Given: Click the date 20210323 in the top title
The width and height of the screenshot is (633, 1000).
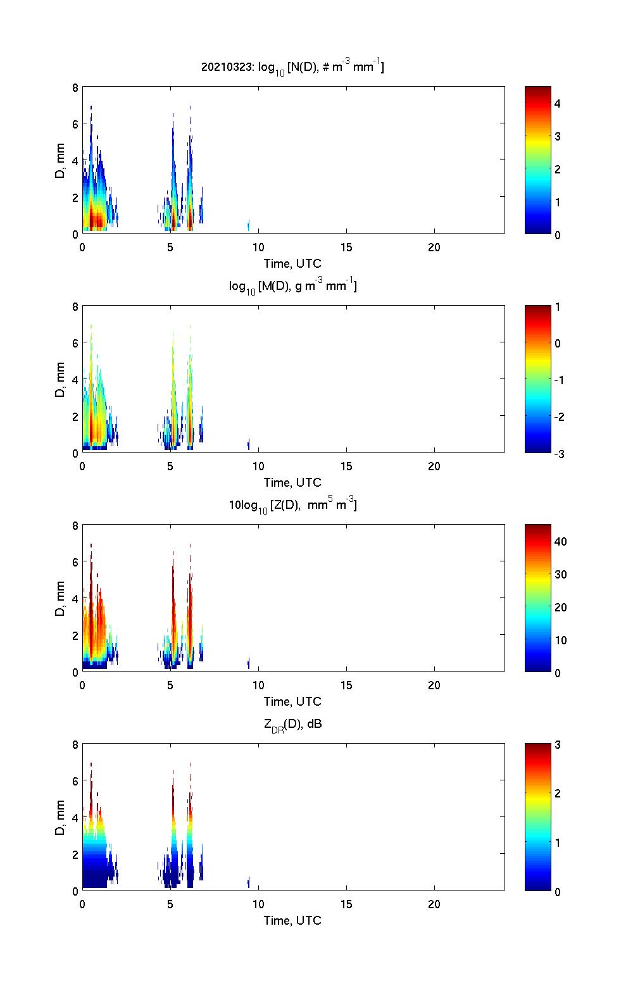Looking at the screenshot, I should coord(226,66).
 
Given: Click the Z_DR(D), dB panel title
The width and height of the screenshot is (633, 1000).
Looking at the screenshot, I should coord(292,724).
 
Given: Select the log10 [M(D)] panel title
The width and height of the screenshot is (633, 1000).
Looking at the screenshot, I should coord(292,286).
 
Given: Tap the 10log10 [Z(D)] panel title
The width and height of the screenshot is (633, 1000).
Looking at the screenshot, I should coord(292,505).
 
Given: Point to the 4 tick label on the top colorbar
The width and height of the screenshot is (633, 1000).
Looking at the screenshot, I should coord(557,103).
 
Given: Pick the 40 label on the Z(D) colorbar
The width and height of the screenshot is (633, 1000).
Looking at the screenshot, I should coord(560,541).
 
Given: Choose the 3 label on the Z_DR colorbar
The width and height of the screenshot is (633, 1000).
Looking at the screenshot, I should coord(557,745).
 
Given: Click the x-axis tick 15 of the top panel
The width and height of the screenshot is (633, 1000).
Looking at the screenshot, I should coord(346,247).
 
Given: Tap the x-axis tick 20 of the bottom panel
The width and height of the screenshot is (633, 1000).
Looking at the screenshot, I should coord(434,904).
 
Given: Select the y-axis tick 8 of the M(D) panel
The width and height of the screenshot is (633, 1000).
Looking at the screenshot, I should coord(76,307).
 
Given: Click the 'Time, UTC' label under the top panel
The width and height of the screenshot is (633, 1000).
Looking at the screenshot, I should coord(292,263).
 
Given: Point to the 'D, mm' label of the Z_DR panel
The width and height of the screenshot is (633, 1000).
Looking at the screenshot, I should coord(60,817).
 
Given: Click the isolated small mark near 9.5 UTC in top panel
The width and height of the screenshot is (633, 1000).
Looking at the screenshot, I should coord(248,225).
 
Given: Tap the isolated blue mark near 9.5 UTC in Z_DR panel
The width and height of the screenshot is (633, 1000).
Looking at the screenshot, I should coord(248,882).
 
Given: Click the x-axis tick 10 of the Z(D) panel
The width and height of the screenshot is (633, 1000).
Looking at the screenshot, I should coord(258,685).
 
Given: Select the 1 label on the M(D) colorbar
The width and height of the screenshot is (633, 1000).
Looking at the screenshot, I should coord(557,307).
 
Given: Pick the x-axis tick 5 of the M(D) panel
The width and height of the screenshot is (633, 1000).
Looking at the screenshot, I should coord(170,466).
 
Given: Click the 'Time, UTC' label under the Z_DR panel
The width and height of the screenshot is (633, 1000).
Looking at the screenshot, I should coord(292,920).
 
